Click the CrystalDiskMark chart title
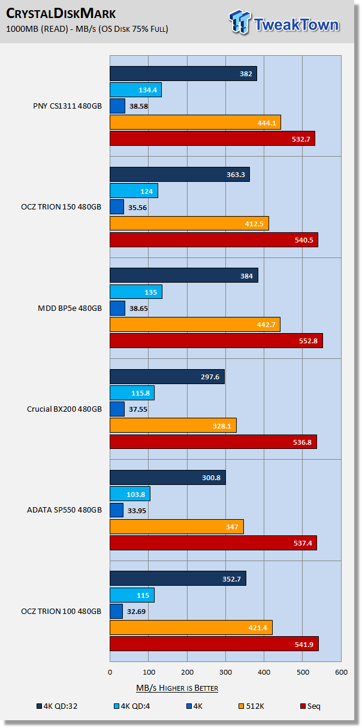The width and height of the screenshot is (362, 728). click(x=61, y=13)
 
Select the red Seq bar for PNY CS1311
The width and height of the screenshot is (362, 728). click(x=212, y=139)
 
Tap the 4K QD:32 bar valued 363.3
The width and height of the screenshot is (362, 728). click(x=179, y=175)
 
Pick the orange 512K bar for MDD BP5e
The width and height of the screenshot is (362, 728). click(x=195, y=325)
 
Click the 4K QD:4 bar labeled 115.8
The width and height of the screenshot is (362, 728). click(x=132, y=393)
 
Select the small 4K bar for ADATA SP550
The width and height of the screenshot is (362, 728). click(x=116, y=510)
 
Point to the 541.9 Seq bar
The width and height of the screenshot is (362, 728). click(x=214, y=644)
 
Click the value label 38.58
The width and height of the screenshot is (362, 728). click(x=138, y=106)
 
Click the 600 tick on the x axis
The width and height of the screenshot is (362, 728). click(x=341, y=673)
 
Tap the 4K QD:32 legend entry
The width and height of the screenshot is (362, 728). click(x=56, y=706)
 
